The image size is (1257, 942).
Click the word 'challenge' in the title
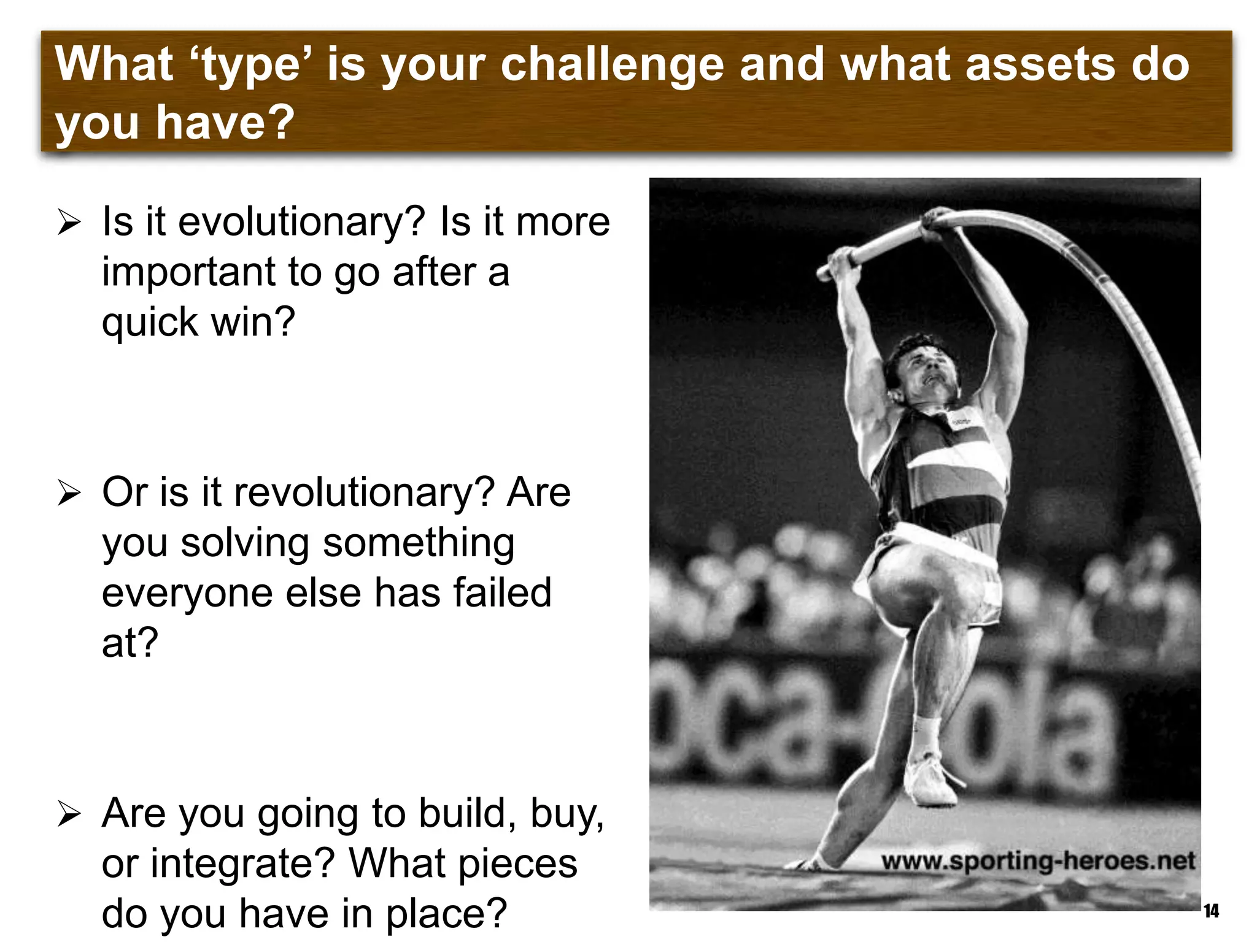[612, 65]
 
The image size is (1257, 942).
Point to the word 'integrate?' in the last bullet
[242, 863]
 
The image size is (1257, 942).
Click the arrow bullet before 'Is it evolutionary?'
[69, 222]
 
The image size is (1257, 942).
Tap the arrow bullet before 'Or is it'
[69, 493]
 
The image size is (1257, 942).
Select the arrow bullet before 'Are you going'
[69, 814]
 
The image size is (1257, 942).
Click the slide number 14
[1211, 911]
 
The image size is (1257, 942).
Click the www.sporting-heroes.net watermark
[1038, 861]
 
